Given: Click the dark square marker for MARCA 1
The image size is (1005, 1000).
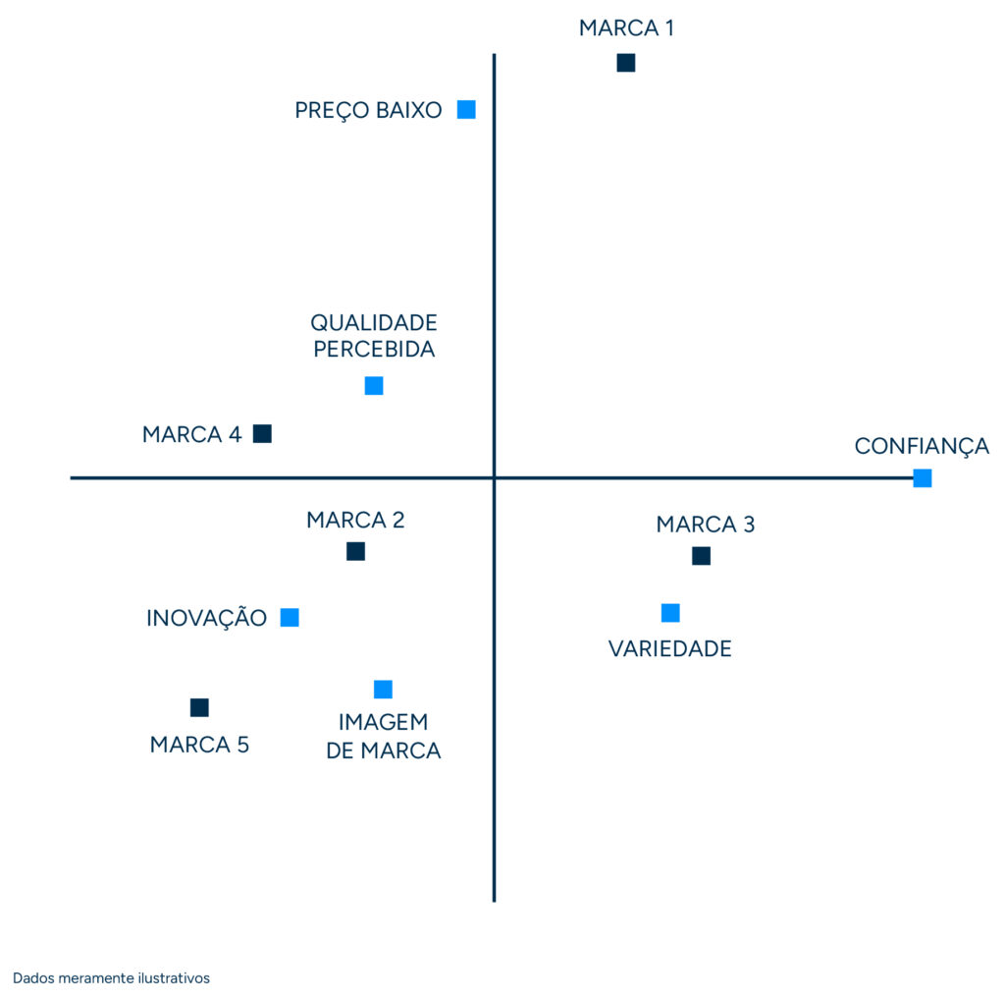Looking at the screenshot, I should click(625, 63).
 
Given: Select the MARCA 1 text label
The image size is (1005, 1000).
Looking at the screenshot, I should click(626, 28).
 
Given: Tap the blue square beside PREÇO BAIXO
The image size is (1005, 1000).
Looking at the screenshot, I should click(466, 109).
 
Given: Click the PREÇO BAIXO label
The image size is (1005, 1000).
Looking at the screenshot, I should click(368, 110).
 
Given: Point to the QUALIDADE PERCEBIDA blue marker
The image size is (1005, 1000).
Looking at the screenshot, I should click(374, 386).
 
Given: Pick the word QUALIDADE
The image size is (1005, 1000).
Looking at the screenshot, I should click(374, 322).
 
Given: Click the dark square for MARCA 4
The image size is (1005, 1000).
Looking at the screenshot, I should click(262, 433).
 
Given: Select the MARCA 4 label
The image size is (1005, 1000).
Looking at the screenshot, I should click(191, 434).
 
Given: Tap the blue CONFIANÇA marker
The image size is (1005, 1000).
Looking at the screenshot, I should click(922, 478).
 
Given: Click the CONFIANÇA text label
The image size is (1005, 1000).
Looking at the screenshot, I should click(922, 446).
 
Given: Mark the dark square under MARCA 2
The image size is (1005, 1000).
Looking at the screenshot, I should click(355, 551).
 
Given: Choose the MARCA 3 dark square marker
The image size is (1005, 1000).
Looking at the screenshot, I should click(701, 556).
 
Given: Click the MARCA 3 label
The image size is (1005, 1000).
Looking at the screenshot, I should click(705, 525).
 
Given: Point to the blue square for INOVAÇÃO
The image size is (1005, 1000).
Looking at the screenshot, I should click(290, 617).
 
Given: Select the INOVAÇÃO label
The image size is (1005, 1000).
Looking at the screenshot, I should click(206, 618).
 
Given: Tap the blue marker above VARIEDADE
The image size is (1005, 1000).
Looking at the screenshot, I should click(670, 613).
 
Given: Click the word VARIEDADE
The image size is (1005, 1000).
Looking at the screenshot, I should click(669, 648).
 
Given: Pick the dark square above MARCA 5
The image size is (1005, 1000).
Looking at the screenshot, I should click(199, 707).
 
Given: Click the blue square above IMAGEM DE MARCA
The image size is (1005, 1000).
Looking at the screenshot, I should click(383, 690).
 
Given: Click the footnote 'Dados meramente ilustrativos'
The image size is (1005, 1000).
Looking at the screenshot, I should click(111, 978).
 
